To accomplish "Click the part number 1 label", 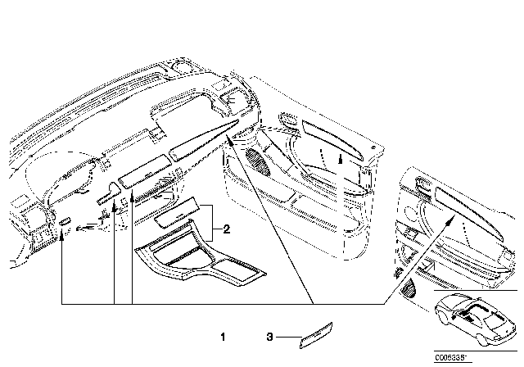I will coord(222,337).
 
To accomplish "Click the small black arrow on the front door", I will coord(339,161).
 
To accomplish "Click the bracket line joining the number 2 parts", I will coord(215,221).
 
